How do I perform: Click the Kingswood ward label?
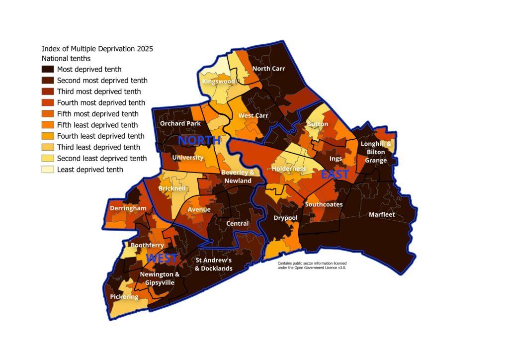219,81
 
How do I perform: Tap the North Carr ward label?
268,69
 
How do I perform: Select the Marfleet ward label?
382,215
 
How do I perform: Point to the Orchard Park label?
179,123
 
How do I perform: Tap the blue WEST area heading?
162,258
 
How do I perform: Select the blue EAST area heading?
335,175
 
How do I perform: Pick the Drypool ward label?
285,218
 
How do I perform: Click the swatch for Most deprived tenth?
48,70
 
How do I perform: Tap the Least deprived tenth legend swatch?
48,170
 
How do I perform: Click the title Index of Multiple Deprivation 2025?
97,49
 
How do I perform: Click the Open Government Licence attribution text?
312,265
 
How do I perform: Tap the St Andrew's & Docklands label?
214,265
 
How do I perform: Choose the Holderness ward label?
288,169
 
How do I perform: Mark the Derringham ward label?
128,208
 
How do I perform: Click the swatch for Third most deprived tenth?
48,91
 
